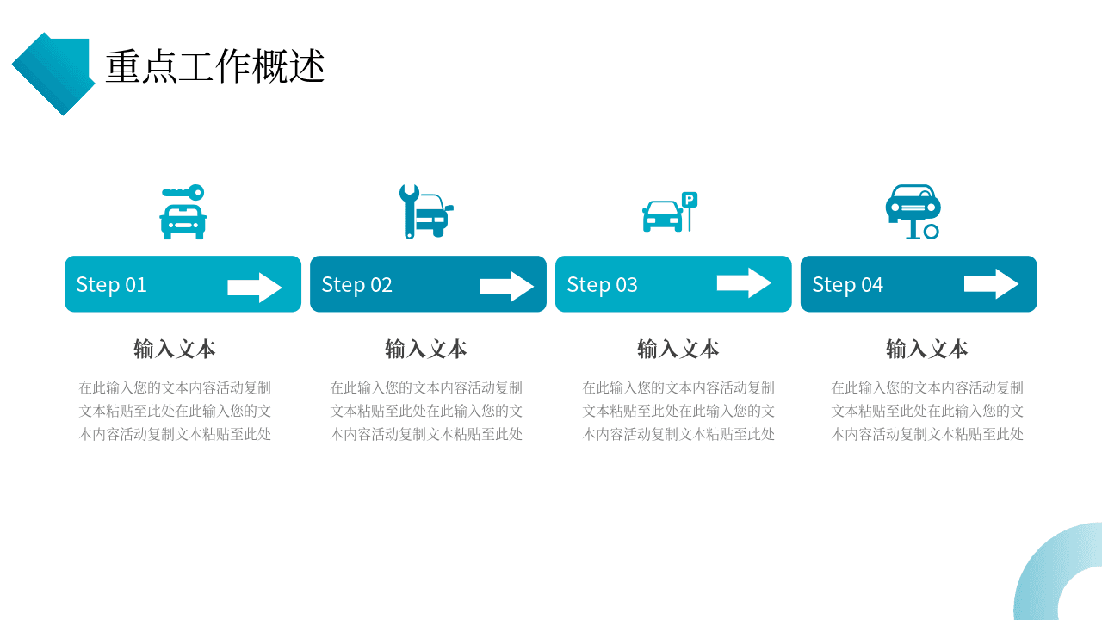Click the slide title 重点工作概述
(215, 66)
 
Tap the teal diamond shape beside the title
(53, 74)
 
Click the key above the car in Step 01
(183, 192)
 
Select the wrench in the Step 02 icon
(409, 212)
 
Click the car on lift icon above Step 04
(913, 212)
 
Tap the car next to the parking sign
(663, 216)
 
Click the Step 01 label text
(112, 285)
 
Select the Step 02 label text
(356, 285)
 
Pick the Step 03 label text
(602, 285)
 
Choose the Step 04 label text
(847, 285)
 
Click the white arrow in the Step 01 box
(255, 288)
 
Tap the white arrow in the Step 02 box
(507, 287)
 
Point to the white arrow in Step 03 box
(744, 283)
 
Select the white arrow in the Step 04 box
(991, 284)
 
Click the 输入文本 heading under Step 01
(175, 349)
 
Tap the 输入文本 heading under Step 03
(678, 349)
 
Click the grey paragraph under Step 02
(426, 411)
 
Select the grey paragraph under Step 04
(927, 411)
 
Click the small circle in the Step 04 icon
(931, 232)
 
